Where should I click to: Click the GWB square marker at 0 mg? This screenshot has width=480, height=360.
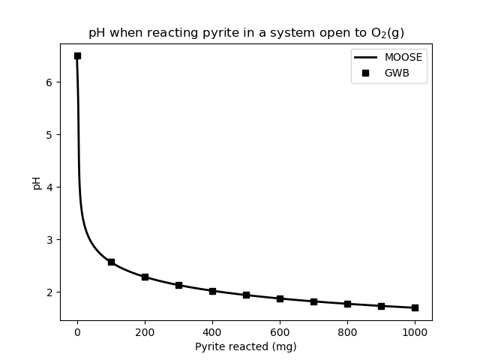coord(77,55)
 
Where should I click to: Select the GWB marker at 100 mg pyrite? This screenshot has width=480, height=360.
coord(111,262)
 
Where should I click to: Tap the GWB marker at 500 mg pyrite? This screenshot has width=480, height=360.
coord(246,295)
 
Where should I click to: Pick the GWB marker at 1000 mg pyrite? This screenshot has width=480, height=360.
coord(415,307)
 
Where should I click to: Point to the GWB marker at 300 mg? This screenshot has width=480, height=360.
coord(178,285)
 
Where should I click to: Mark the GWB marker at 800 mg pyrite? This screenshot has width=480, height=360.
coord(347,304)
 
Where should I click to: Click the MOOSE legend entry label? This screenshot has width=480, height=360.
coord(403,57)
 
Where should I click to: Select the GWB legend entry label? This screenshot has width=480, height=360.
coord(397,73)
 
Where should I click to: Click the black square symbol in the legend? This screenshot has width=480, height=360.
coord(367,73)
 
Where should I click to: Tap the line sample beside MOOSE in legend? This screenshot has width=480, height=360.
coord(367,57)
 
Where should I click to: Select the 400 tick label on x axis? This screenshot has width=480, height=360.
coord(212,331)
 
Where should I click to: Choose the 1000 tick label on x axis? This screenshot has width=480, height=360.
coord(415,331)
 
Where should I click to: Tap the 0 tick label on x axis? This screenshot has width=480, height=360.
coord(77,331)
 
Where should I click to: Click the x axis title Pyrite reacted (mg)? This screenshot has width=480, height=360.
coord(246,346)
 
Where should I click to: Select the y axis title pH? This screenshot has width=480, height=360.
coord(36,182)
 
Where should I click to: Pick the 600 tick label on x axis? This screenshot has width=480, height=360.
coord(280,331)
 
